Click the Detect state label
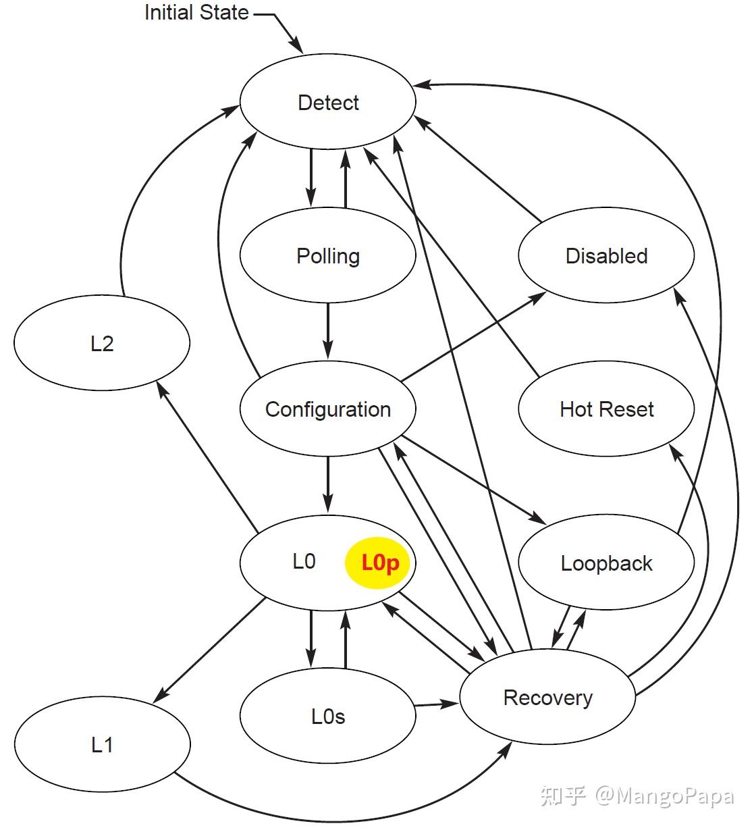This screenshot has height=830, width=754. [x=328, y=103]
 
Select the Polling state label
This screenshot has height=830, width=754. [x=328, y=256]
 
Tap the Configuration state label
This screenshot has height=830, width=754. [x=328, y=410]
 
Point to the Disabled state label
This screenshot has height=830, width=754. [x=606, y=256]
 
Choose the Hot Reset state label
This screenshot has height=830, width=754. [x=606, y=409]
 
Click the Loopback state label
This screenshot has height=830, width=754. [x=606, y=563]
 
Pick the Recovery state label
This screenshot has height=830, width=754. [x=547, y=698]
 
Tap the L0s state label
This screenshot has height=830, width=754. [x=328, y=717]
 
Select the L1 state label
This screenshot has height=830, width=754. [x=102, y=745]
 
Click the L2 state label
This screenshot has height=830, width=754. [x=102, y=344]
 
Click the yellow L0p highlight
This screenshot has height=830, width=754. [x=377, y=563]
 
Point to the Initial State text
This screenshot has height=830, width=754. [x=196, y=12]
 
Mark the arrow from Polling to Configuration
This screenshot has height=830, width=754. [x=328, y=331]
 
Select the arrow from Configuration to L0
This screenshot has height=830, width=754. [x=328, y=485]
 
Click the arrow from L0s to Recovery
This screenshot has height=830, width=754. [x=437, y=704]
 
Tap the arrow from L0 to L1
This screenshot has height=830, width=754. [x=209, y=650]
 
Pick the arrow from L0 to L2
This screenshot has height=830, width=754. [x=207, y=457]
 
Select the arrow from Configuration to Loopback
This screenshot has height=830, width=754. [x=474, y=480]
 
